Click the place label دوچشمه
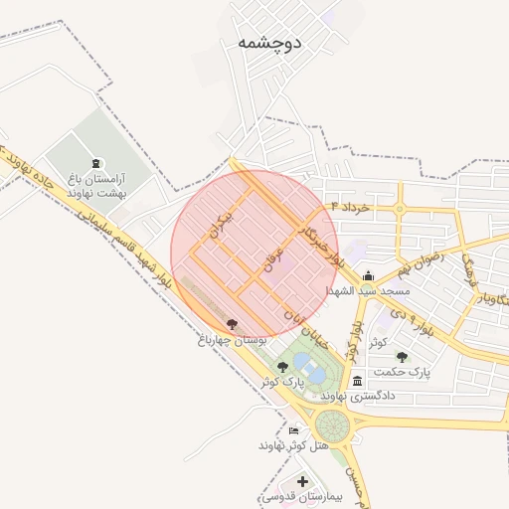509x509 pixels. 269,43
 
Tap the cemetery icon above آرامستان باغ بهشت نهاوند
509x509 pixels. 95,163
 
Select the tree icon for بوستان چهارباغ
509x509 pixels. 232,323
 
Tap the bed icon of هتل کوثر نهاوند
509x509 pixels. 292,430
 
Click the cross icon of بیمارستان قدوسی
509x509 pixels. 301,482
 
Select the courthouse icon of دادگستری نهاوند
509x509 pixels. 357,381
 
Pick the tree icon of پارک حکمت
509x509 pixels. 402,356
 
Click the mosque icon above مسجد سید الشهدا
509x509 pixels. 369,276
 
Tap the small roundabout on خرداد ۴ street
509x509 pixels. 399,209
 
